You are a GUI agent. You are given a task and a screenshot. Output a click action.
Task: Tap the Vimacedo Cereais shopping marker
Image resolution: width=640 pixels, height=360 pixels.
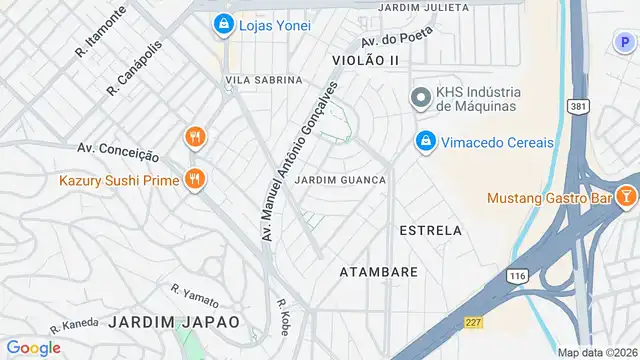[x=425, y=142]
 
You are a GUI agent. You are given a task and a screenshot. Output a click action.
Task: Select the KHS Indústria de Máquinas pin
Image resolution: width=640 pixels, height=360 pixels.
[x=421, y=98]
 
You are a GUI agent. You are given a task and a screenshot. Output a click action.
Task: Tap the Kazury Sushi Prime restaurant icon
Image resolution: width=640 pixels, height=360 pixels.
[x=194, y=180]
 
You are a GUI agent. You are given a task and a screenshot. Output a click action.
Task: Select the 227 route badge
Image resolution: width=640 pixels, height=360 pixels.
[x=472, y=322]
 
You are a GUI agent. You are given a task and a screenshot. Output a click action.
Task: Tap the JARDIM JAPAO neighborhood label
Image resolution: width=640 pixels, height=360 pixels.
[x=175, y=322]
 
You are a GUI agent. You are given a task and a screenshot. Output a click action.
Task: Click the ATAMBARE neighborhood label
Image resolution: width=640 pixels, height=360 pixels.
[x=378, y=272]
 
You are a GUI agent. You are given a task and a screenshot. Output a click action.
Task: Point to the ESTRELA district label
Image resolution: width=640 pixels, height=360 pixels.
[x=431, y=230]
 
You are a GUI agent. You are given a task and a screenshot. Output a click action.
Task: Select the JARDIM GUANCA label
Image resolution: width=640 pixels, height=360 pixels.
[x=342, y=180]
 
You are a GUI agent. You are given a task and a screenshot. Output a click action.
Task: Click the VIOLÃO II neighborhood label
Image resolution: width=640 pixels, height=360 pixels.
[x=365, y=61]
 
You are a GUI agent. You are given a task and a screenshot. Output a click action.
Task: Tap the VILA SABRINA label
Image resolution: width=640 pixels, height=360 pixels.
[x=264, y=79]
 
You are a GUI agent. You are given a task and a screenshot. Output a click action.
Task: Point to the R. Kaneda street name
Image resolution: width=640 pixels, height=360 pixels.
[x=74, y=325]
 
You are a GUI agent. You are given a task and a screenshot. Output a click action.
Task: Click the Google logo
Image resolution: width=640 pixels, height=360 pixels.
[x=34, y=347]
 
